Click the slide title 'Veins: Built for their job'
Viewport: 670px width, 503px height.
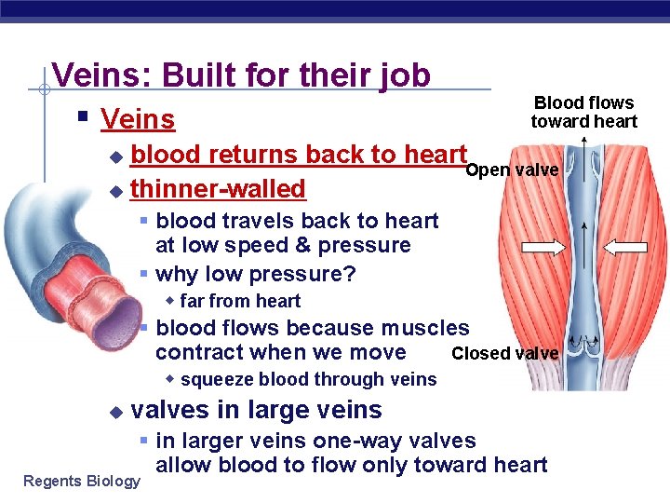coord(241,75)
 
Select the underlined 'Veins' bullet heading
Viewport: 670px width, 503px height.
coord(138,119)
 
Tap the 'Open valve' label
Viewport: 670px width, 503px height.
coord(511,170)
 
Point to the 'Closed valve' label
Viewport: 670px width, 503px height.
coord(504,353)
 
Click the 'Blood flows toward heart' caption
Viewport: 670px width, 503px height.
coord(583,112)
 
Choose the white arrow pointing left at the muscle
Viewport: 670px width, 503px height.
coord(626,247)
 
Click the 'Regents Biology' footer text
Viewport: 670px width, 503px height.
coord(82,481)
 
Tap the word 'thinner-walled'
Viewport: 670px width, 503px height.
coord(218,189)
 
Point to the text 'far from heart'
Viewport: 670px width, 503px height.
coord(240,301)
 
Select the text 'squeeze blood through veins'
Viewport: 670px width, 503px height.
coord(308,379)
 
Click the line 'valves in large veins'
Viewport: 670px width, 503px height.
coord(257,410)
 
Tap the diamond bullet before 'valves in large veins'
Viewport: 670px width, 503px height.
coord(115,411)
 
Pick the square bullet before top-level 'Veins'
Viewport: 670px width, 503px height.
coord(83,117)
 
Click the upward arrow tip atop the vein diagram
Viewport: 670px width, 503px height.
coord(583,141)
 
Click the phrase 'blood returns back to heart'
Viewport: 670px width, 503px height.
coord(298,155)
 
